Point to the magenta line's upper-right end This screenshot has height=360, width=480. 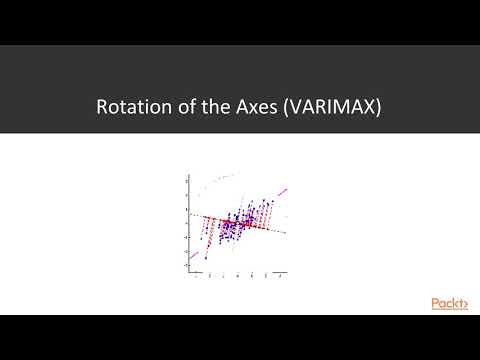pos(288,186)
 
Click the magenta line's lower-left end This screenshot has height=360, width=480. pos(189,267)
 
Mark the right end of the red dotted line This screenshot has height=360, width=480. pos(288,232)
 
